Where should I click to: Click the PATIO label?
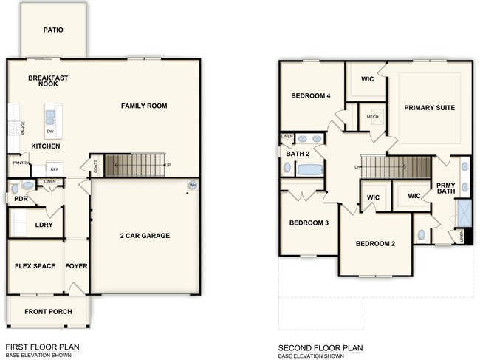click(52, 30)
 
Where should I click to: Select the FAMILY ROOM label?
click(144, 106)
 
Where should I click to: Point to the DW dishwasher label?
click(49, 132)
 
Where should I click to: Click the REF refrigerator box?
click(54, 169)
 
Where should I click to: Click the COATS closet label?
click(95, 166)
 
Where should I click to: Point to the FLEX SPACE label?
click(35, 266)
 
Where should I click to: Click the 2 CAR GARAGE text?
click(145, 236)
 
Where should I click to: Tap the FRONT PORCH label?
click(48, 311)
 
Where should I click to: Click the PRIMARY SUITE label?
click(429, 108)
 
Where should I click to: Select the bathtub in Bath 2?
click(310, 169)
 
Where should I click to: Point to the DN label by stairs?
click(357, 167)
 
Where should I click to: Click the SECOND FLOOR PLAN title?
click(320, 347)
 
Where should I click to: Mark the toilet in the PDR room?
click(26, 186)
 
